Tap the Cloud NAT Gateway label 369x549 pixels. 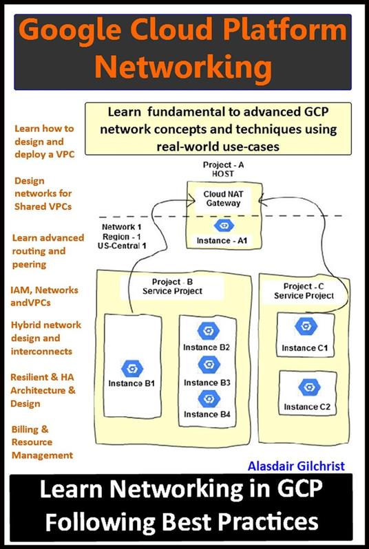click(222, 199)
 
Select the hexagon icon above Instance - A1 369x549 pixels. click(222, 226)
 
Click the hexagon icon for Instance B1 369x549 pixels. click(131, 368)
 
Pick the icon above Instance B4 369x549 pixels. click(209, 398)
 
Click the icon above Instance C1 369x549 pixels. click(306, 325)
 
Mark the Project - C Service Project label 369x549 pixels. click(304, 290)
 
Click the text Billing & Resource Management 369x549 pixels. click(41, 442)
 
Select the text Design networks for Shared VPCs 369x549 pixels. click(42, 193)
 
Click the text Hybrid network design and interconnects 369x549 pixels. click(46, 338)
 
